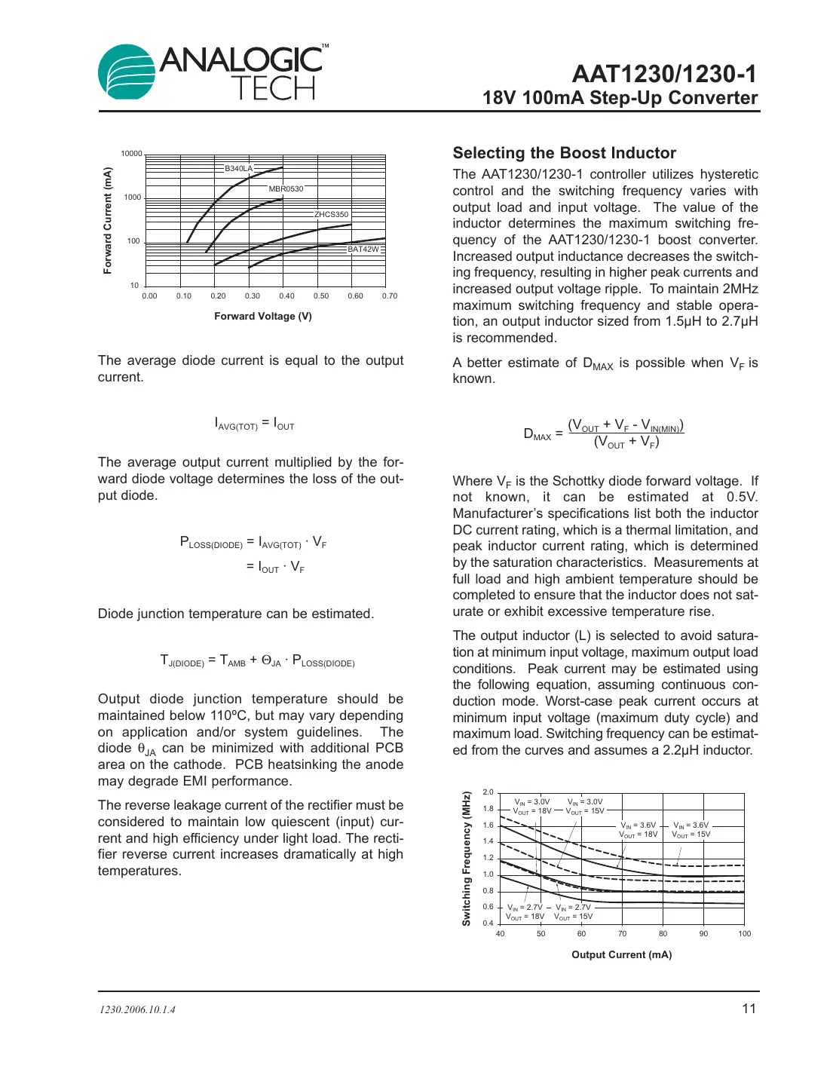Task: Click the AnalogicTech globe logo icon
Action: [127, 72]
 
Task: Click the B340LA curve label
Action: [238, 168]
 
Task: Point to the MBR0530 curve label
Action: [286, 188]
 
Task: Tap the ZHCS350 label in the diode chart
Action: [332, 215]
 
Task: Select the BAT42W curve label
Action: [363, 249]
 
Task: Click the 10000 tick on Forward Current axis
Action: [131, 154]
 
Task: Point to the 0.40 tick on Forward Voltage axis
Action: [286, 296]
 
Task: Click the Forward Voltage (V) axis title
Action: [262, 316]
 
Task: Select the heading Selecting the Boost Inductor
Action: [564, 153]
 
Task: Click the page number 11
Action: [749, 1009]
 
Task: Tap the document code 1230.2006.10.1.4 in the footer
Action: [137, 1010]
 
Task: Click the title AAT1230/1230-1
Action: [663, 74]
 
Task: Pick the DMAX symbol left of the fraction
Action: [537, 434]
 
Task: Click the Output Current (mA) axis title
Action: [621, 954]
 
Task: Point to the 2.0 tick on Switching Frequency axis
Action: [488, 792]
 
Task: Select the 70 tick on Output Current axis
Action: [622, 934]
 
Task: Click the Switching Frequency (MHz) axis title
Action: [467, 858]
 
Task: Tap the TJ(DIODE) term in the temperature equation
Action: [182, 661]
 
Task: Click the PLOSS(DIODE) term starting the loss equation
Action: [211, 542]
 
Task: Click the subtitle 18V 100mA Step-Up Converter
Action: [620, 98]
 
